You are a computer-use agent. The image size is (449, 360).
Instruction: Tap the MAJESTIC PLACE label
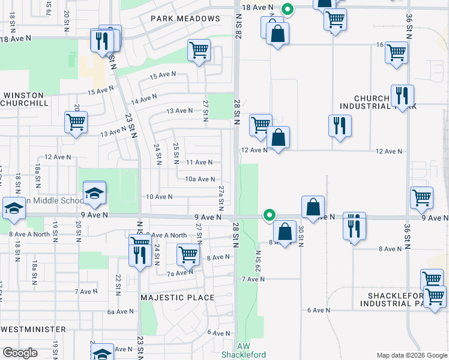pos(177,298)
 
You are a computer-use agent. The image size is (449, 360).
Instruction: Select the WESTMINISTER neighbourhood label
pos(33,329)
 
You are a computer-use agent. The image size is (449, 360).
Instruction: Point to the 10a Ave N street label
pos(200,179)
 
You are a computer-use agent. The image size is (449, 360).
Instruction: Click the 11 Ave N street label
pos(199,162)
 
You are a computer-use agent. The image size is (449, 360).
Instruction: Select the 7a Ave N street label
pos(179,273)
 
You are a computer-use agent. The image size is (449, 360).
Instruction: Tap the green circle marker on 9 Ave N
pos(270,214)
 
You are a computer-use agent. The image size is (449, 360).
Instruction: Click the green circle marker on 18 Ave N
pos(288,9)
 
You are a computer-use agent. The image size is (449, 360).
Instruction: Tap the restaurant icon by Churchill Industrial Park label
pos(402,95)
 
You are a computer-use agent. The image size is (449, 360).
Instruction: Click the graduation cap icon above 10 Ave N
pos(94,193)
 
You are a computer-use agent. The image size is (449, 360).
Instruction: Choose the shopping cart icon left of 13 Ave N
pos(76,122)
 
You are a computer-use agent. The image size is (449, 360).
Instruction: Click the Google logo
pos(20,353)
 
